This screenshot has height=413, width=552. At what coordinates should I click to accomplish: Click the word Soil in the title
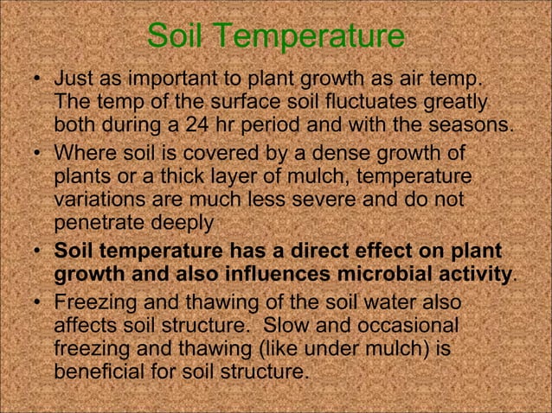point(176,36)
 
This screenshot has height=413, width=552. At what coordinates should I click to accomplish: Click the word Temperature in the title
point(308,38)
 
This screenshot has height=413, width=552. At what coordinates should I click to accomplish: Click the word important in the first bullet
point(159,81)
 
